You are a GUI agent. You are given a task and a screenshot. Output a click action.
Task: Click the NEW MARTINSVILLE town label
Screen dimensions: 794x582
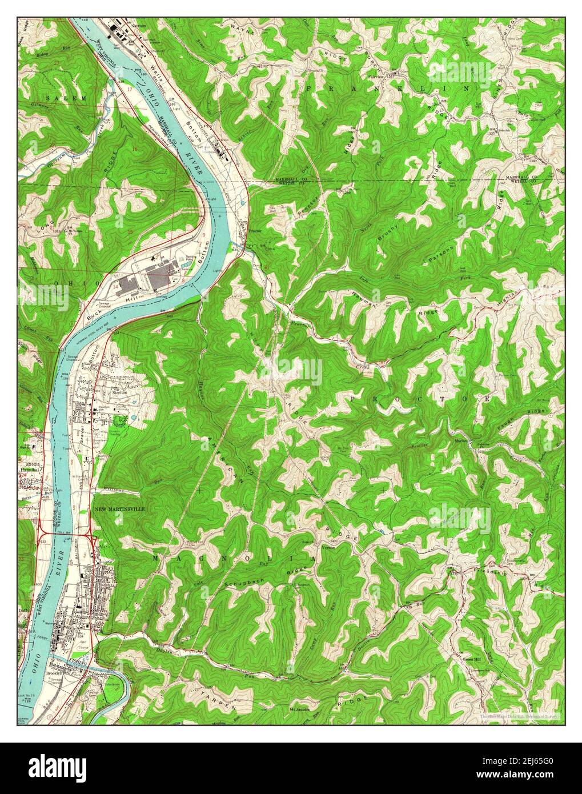coord(120,508)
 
